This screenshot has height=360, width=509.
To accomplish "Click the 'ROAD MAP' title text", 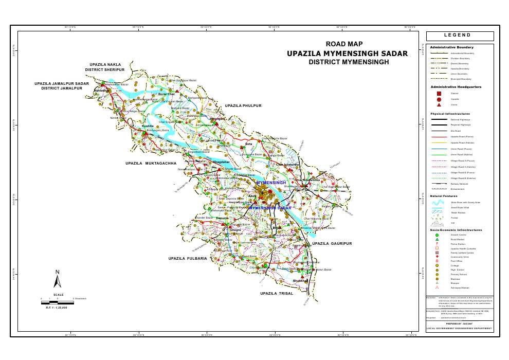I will point(348,44).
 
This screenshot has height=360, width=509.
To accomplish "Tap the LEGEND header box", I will point(460,36).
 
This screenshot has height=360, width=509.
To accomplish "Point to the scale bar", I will point(58,302).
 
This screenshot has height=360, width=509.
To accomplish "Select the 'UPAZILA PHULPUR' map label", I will point(243,105).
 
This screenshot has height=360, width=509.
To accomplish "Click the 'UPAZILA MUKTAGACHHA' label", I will point(150,163).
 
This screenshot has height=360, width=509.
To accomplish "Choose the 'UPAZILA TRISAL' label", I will point(276,293).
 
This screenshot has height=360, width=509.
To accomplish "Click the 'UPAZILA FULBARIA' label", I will point(187,258).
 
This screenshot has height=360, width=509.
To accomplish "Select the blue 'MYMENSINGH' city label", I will point(270,183).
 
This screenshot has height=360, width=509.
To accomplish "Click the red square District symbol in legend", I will point(439,94).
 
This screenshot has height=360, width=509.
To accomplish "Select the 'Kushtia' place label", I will point(148,125).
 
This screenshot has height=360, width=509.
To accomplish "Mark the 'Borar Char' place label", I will point(167,94).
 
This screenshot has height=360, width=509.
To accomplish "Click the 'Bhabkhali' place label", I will point(300,281).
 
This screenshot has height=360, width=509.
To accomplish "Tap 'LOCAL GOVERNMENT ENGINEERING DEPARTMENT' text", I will point(460,328).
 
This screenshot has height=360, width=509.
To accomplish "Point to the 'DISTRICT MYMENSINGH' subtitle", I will point(349,62).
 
